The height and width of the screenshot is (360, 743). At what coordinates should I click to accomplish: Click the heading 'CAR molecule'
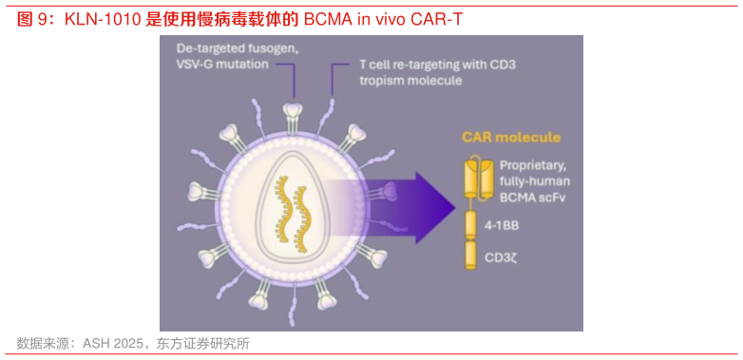[510, 138]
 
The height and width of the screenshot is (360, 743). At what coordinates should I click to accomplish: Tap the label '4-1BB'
[503, 226]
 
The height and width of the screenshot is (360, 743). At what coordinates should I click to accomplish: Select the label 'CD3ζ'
[501, 256]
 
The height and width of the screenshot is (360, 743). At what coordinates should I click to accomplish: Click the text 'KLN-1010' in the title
[104, 19]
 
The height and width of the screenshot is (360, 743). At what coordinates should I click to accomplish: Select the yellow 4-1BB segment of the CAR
[467, 224]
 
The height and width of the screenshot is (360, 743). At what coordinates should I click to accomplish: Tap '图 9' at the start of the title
[32, 19]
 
